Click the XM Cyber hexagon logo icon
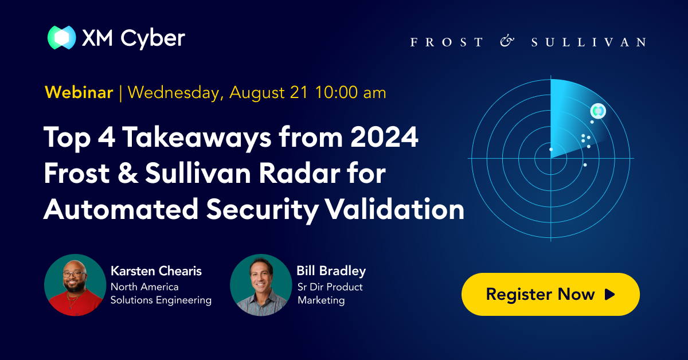coord(61,38)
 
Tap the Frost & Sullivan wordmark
coord(528,42)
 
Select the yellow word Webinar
coord(79,92)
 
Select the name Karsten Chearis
coord(155,271)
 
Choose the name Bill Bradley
coord(331,271)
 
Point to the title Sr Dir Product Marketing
coord(330,294)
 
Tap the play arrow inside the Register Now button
coord(609,295)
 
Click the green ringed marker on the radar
coord(598,111)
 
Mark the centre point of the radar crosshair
coord(550,158)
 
